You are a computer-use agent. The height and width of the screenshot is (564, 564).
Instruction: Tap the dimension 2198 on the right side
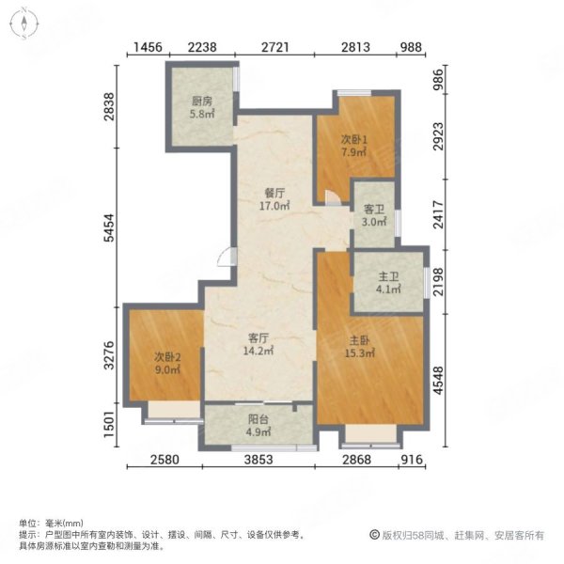pos(438,278)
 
